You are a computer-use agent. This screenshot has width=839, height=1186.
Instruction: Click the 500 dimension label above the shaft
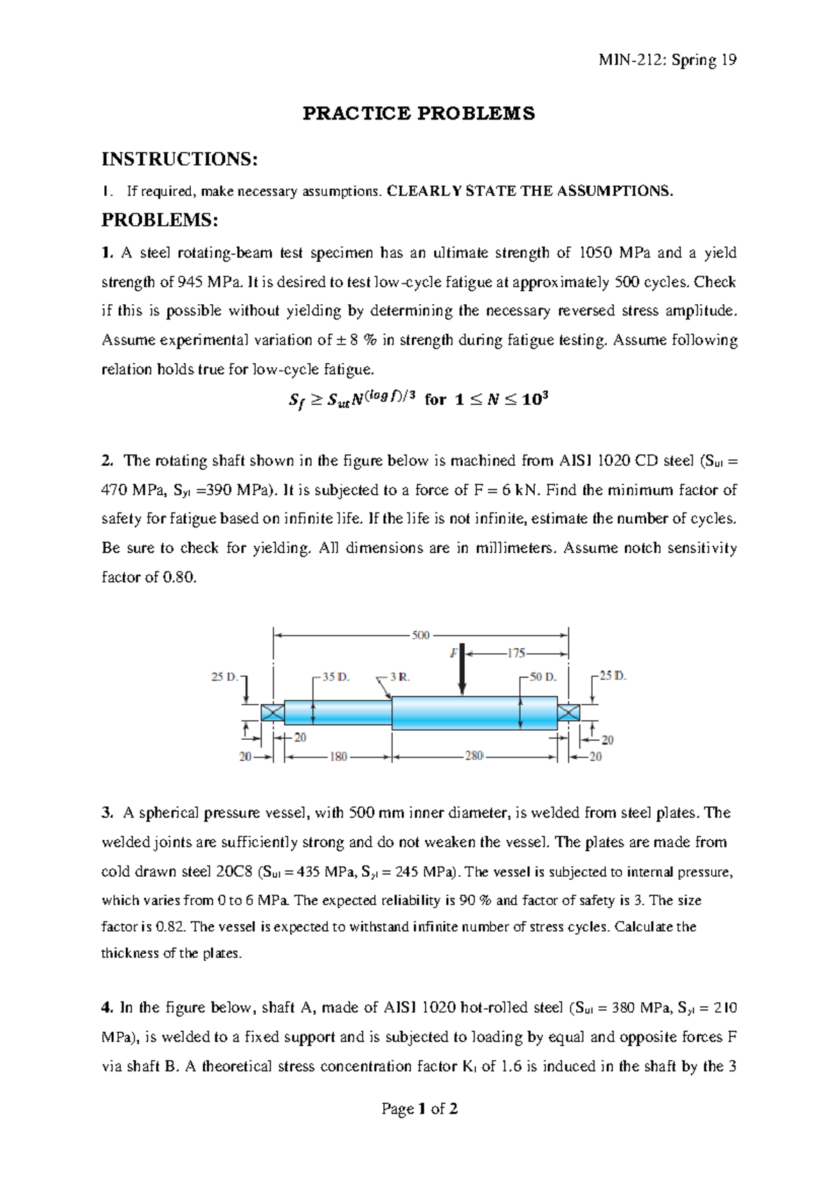point(420,635)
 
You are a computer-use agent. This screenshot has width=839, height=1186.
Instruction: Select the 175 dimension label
point(516,653)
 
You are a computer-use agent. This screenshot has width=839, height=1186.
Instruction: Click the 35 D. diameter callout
point(338,677)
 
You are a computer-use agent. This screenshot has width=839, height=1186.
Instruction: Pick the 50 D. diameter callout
point(543,677)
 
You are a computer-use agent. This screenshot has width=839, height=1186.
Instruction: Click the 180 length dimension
point(338,757)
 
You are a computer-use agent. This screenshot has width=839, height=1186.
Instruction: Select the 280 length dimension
point(473,757)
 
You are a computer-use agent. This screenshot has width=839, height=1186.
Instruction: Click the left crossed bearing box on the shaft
point(272,713)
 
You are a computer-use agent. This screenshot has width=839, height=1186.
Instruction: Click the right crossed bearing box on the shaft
point(568,713)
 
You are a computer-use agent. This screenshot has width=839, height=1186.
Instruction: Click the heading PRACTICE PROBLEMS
point(418,113)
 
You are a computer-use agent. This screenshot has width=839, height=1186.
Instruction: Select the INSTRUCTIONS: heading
point(180,159)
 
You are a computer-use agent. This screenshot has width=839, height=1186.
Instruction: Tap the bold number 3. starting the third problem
point(107,813)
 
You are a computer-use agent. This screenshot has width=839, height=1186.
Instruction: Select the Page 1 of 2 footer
point(419,1108)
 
